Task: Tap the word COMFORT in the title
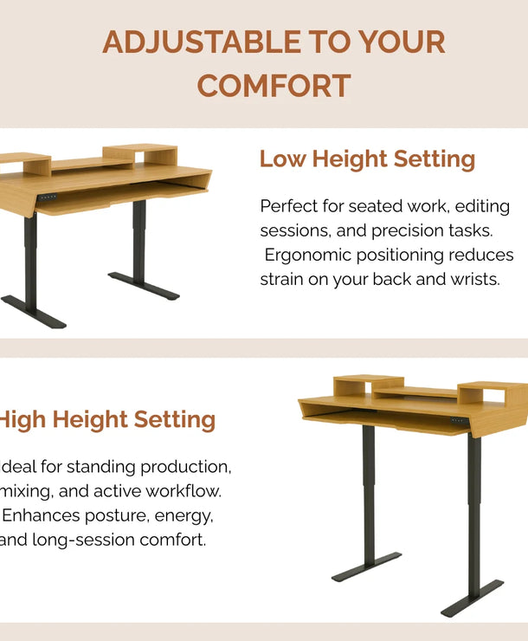coord(274,86)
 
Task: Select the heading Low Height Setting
coord(367,159)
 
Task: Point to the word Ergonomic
coord(310,256)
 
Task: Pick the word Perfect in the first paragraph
coord(290,207)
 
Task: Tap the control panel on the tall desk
coord(459,422)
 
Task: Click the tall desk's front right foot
coord(472,599)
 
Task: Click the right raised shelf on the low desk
coord(140,154)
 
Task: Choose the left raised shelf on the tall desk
coord(368,385)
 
